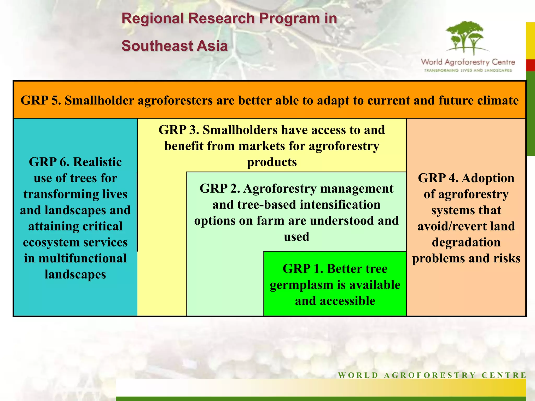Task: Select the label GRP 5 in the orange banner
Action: click(x=40, y=101)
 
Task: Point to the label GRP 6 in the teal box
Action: click(x=49, y=162)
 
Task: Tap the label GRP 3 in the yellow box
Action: click(x=178, y=130)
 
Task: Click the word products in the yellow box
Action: click(x=272, y=162)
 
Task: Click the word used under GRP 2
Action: click(x=296, y=237)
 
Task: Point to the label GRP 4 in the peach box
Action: click(x=438, y=178)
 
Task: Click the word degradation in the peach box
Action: click(x=466, y=242)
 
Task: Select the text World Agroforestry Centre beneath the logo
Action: click(x=468, y=62)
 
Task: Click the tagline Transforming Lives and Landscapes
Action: click(x=468, y=70)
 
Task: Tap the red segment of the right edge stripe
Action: click(x=530, y=65)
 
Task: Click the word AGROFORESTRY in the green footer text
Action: click(x=430, y=375)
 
